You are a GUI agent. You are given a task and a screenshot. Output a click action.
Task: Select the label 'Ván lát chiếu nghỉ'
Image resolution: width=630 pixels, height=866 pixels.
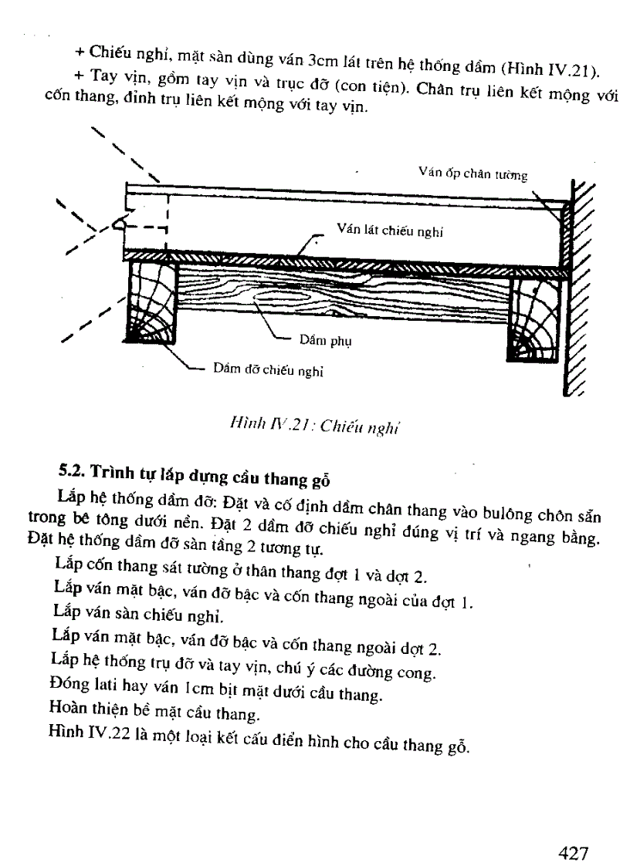[390, 230]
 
